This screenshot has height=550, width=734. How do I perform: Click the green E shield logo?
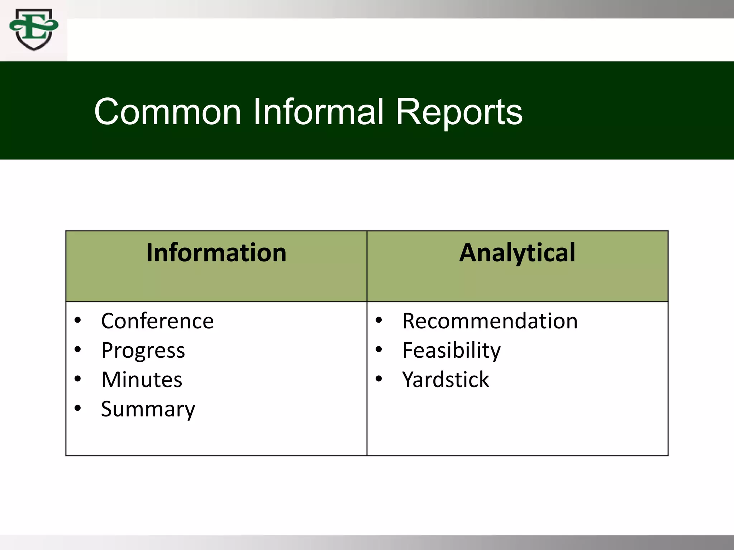pyautogui.click(x=34, y=30)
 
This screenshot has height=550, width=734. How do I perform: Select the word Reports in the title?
pyautogui.click(x=459, y=112)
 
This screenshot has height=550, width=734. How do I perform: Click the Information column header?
pyautogui.click(x=216, y=253)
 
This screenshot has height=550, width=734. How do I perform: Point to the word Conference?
pyautogui.click(x=157, y=321)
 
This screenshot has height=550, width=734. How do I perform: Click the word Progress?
pyautogui.click(x=143, y=351)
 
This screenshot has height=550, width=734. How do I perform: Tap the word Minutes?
pyautogui.click(x=142, y=380)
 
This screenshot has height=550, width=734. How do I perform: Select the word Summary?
pyautogui.click(x=148, y=409)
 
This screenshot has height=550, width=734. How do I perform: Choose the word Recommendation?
pyautogui.click(x=490, y=321)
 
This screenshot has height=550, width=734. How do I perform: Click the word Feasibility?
pyautogui.click(x=451, y=350)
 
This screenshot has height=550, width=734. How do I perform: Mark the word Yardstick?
pyautogui.click(x=445, y=380)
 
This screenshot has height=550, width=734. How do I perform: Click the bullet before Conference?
pyautogui.click(x=78, y=320)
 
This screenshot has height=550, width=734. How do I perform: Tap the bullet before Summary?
pyautogui.click(x=78, y=408)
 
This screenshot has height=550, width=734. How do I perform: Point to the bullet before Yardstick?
pyautogui.click(x=379, y=378)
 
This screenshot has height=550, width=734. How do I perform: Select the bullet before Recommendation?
pyautogui.click(x=379, y=320)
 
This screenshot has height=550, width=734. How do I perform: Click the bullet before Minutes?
pyautogui.click(x=78, y=378)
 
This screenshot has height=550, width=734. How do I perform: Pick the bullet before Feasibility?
pyautogui.click(x=379, y=349)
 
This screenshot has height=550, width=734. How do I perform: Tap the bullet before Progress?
pyautogui.click(x=78, y=349)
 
